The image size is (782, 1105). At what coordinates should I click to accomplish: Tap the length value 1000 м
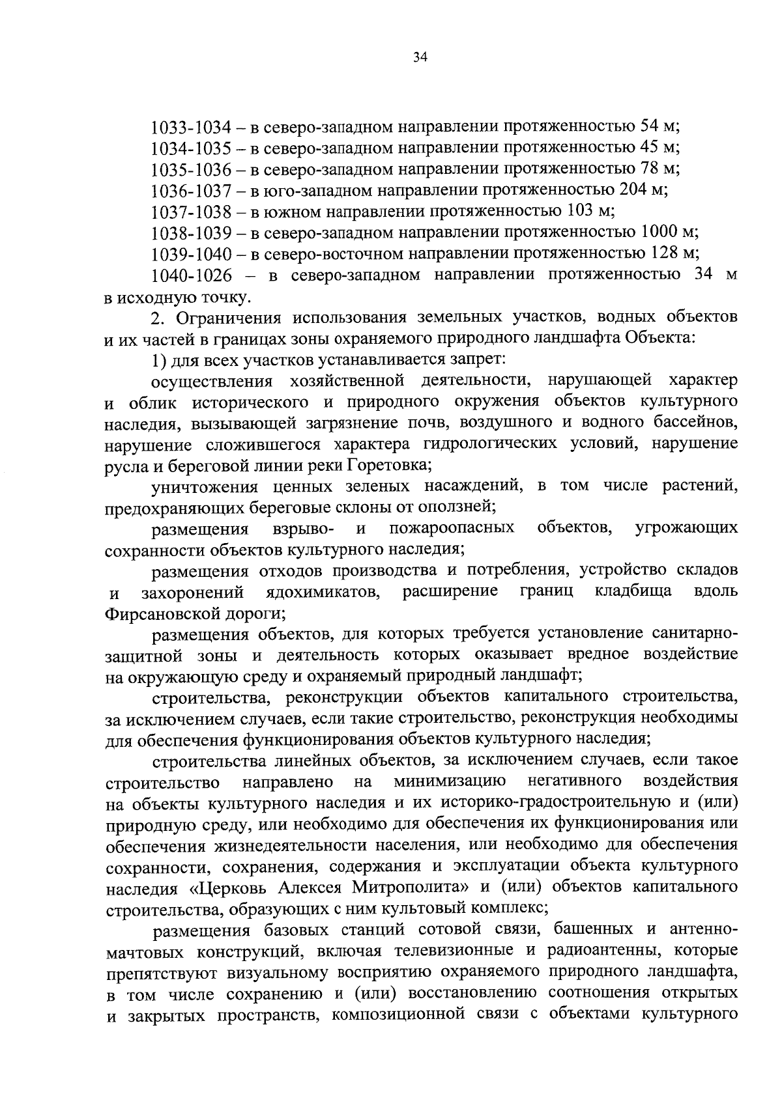(x=670, y=232)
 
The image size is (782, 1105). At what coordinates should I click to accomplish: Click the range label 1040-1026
(x=192, y=275)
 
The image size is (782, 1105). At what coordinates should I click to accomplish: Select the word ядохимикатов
(x=323, y=593)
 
